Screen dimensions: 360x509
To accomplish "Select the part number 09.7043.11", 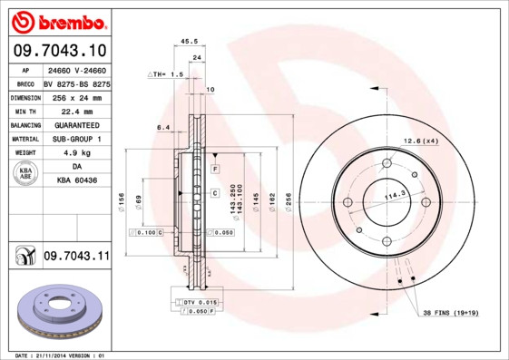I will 76,257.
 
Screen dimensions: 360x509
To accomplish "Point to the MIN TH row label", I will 24,110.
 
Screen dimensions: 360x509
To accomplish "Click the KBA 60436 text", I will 76,181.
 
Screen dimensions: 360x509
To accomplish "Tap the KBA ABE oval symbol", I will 24,175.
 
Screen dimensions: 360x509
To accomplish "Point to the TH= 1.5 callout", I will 166,73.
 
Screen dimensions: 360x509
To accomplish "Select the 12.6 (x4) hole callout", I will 421,141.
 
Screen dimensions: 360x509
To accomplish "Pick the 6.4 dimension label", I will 163,127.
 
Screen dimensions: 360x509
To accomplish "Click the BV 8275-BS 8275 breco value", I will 76,83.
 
